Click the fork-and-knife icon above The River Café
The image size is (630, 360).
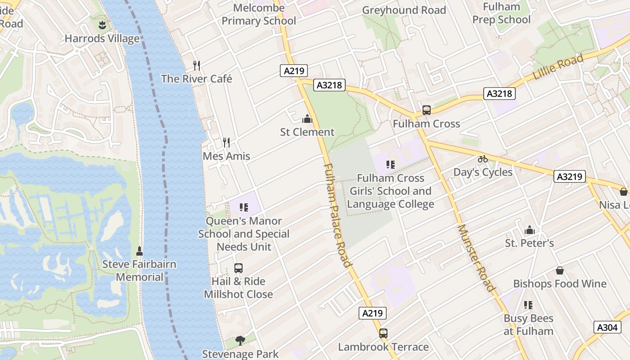197,66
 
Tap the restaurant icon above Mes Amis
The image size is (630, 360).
226,143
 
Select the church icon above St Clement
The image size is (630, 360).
307,119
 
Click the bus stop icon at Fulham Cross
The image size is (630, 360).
426,110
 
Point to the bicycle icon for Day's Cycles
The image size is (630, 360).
483,159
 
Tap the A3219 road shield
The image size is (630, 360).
570,177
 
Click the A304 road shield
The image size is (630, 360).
607,327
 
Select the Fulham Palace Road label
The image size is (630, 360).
337,215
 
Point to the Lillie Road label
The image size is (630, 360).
558,67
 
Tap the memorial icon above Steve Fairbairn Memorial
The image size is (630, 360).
139,251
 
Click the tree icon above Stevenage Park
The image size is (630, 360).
240,341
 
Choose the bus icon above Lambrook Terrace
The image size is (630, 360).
383,333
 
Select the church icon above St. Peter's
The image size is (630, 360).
530,230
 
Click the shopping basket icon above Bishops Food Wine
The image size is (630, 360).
560,270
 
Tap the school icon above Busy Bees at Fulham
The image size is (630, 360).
528,305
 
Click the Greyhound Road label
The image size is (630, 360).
404,10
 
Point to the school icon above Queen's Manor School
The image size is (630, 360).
244,207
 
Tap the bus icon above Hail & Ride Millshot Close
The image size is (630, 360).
238,268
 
